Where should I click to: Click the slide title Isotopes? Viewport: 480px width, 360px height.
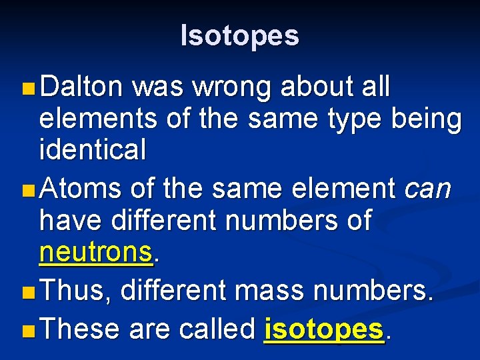(x=240, y=35)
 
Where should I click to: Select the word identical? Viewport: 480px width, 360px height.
(x=93, y=150)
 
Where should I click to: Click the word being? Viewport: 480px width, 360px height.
(x=427, y=118)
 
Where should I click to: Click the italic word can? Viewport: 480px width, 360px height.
(x=428, y=189)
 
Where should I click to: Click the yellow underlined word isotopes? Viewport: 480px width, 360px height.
(x=324, y=329)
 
